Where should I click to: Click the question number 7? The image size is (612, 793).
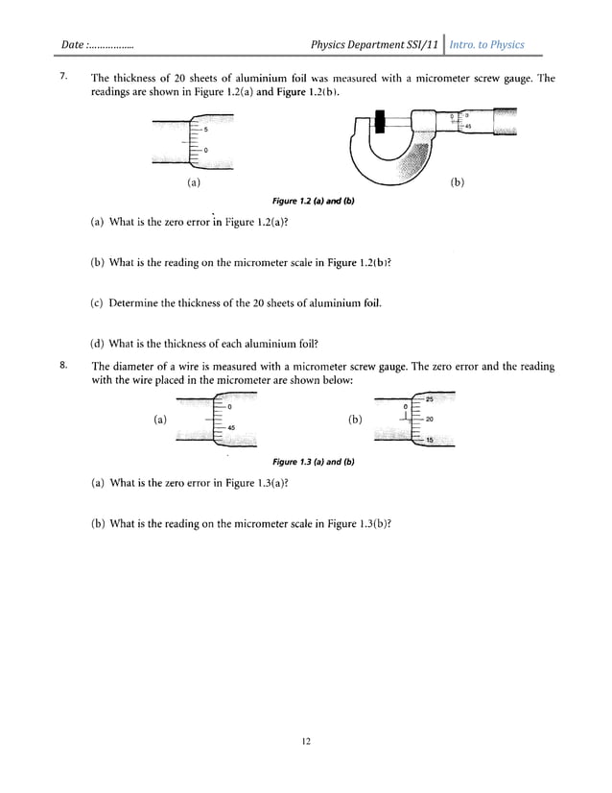click(x=62, y=78)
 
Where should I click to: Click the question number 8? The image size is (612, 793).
click(x=62, y=366)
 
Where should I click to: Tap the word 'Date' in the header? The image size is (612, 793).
click(x=73, y=45)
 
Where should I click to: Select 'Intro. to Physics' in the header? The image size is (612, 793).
click(x=487, y=45)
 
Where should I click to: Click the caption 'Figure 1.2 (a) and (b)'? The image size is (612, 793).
click(x=305, y=200)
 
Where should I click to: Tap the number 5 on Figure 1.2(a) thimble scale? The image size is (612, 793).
click(x=204, y=130)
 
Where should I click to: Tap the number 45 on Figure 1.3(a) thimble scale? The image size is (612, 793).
click(x=231, y=428)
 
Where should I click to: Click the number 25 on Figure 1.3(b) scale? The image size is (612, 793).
click(x=430, y=398)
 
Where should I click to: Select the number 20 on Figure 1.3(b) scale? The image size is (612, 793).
click(x=430, y=420)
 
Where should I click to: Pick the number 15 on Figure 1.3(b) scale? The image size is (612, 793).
click(x=430, y=440)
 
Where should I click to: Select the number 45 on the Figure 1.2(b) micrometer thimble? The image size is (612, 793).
click(x=467, y=127)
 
